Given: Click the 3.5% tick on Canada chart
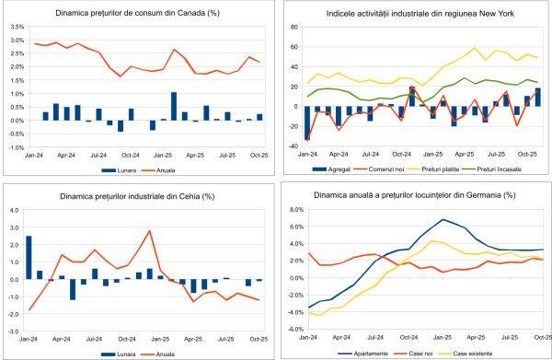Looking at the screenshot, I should (x=17, y=28).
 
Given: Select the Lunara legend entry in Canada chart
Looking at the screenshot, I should (x=118, y=171).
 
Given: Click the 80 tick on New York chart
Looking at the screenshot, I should (x=295, y=28).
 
